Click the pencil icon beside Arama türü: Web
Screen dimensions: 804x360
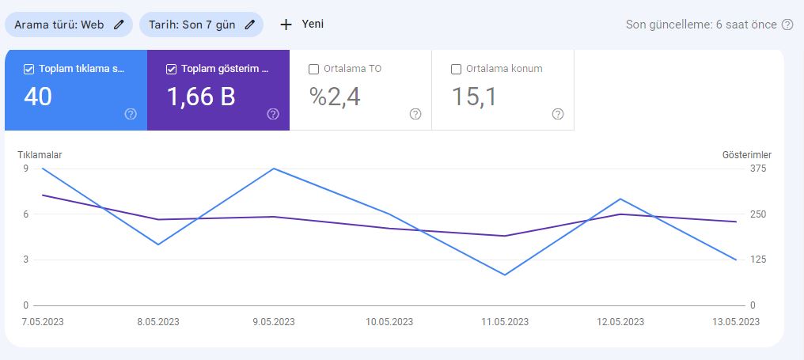pos(119,25)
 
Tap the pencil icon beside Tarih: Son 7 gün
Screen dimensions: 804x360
pos(250,25)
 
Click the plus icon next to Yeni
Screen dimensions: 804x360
pos(286,25)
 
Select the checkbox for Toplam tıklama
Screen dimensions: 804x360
pos(28,70)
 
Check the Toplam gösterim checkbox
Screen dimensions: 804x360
pos(171,70)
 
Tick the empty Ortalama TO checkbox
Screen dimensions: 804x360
pos(314,70)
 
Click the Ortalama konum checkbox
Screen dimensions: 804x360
pos(456,70)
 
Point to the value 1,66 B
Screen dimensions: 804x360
pos(201,97)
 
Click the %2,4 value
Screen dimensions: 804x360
pos(335,97)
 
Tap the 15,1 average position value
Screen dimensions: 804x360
pos(474,97)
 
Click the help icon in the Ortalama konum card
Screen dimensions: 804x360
pos(558,114)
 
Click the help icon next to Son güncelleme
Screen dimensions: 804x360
pos(787,25)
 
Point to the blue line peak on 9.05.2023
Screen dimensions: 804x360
pos(275,169)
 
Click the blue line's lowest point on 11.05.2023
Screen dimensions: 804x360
pos(505,275)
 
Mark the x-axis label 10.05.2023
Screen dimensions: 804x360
pos(389,322)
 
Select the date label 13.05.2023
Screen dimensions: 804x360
pos(736,322)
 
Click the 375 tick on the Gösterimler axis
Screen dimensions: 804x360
pos(758,169)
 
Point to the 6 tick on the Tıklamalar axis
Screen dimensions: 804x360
pos(25,214)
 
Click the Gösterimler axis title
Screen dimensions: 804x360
pos(747,155)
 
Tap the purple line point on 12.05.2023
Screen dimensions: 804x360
pos(620,214)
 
